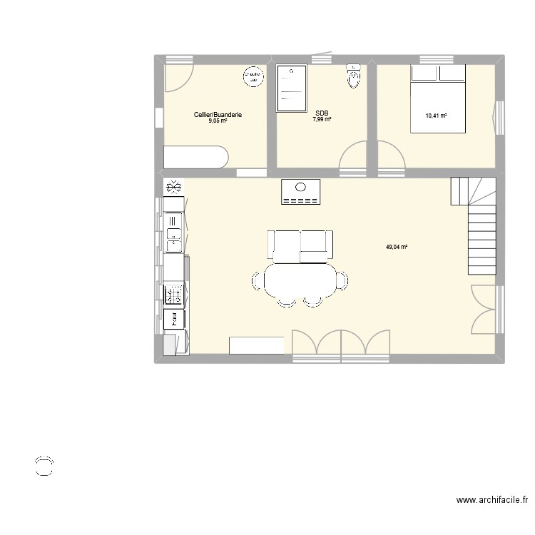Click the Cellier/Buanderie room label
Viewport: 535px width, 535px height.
point(218,114)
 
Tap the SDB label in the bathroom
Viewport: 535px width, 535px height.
point(322,113)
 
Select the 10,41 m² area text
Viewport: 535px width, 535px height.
point(436,116)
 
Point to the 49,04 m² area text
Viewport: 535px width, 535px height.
point(397,247)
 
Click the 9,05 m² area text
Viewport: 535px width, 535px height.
point(218,121)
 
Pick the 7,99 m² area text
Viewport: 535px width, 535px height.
point(322,119)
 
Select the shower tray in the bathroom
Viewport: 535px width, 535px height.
point(291,88)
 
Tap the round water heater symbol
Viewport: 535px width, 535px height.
point(252,76)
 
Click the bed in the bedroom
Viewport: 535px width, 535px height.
point(437,98)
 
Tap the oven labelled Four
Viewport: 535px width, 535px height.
point(173,318)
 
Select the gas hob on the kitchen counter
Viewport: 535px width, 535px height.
point(173,293)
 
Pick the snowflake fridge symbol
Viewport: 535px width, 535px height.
point(173,187)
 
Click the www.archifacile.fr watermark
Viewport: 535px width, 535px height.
point(492,501)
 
